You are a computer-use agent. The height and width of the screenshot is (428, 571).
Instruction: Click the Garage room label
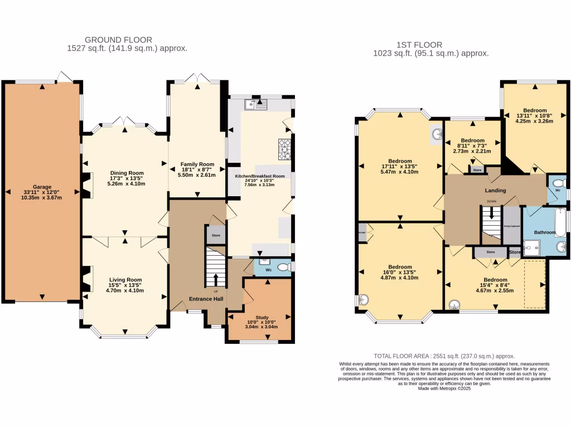[x=42, y=187]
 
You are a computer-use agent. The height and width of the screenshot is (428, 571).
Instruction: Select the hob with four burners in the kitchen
[x=285, y=146]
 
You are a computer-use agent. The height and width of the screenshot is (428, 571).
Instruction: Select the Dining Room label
[x=128, y=173]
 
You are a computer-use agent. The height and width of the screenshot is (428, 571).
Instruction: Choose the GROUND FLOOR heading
[x=118, y=40]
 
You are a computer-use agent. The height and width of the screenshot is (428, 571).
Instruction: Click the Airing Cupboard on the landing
[x=511, y=226]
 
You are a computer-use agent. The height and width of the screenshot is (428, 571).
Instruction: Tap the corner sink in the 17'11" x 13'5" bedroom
[x=435, y=134]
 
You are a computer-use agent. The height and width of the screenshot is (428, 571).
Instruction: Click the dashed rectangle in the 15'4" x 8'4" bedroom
[x=534, y=284]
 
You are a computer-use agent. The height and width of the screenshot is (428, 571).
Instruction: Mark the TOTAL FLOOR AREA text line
[x=444, y=356]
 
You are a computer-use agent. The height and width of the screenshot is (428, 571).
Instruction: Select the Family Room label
[x=197, y=164]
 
